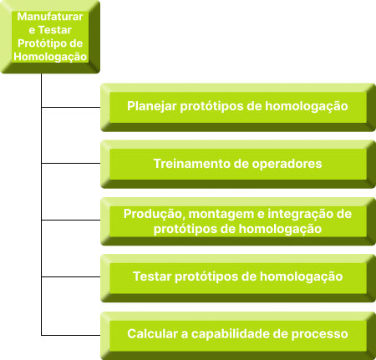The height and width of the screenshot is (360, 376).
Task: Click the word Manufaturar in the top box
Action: tap(50, 17)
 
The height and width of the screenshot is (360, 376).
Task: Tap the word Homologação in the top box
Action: tap(50, 57)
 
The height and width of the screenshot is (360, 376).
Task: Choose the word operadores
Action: tap(287, 165)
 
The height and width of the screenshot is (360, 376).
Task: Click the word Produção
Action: tap(155, 215)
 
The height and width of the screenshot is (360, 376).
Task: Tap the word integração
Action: tap(302, 215)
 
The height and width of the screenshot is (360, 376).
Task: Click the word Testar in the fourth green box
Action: tap(152, 276)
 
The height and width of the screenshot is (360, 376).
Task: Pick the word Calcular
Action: tap(152, 334)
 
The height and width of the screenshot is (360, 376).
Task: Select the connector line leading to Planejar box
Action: tap(71, 107)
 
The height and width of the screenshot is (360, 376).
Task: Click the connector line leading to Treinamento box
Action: tap(71, 163)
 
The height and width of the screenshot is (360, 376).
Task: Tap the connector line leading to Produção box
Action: tap(71, 220)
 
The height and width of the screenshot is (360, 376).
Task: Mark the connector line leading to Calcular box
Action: tap(71, 335)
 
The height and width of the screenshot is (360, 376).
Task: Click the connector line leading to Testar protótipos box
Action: tap(71, 276)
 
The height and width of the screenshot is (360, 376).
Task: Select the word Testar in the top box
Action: tap(55, 30)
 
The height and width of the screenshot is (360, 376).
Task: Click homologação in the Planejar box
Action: tap(307, 107)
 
